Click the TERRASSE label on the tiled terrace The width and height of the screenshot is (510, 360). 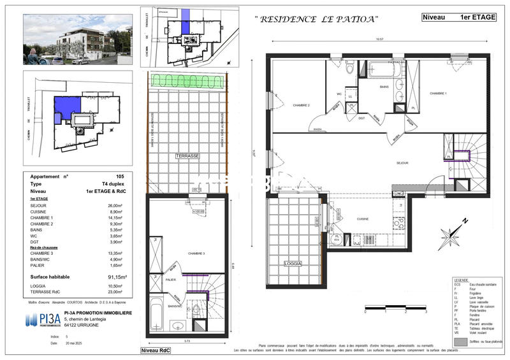click(187, 155)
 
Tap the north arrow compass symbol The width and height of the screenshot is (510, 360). click(457, 234)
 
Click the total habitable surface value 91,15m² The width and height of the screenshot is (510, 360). click(116, 277)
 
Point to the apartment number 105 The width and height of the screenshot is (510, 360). click(120, 175)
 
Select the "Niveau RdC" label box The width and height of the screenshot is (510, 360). click(157, 351)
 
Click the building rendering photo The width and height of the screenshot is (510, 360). click(77, 40)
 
